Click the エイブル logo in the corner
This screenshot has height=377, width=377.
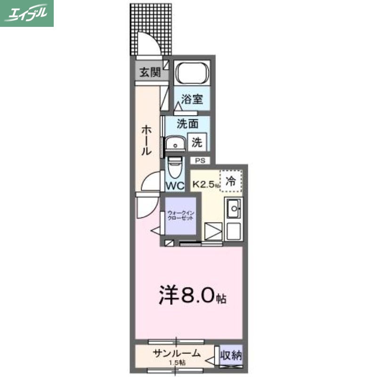[27, 13]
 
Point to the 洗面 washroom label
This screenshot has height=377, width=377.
[187, 124]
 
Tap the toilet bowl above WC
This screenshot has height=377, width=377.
[175, 166]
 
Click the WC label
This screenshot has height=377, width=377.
[175, 185]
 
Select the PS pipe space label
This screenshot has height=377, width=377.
[201, 160]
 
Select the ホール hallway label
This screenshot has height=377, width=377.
[146, 140]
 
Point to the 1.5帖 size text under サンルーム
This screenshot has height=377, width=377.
[177, 363]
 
